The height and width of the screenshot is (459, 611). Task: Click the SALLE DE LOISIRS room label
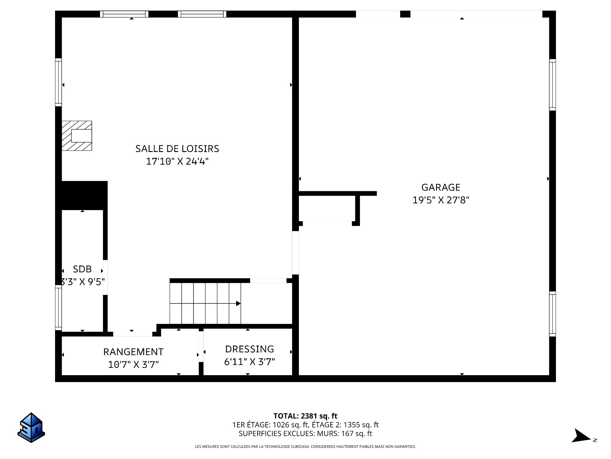(177, 149)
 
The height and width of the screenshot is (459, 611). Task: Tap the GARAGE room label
(441, 187)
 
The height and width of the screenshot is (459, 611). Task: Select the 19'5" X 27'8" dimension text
(441, 200)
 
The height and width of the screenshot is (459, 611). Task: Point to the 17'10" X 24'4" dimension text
(177, 161)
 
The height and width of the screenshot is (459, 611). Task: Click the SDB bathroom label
(82, 269)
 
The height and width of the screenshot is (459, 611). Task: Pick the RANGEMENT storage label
(133, 352)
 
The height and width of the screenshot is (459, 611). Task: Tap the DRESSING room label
(249, 349)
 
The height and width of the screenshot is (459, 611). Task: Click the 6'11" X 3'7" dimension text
(249, 362)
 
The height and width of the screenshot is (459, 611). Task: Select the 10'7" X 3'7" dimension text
(133, 364)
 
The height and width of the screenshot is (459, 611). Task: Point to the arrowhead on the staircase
(238, 303)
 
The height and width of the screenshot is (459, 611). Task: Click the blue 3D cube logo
(31, 428)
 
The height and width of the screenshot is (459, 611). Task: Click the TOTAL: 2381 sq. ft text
(305, 416)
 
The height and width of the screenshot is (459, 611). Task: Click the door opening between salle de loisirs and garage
(295, 253)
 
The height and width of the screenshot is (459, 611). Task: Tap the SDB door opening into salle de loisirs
(105, 277)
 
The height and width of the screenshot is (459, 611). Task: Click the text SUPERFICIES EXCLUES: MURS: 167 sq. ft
(305, 433)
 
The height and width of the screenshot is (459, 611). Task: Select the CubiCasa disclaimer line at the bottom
(305, 447)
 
